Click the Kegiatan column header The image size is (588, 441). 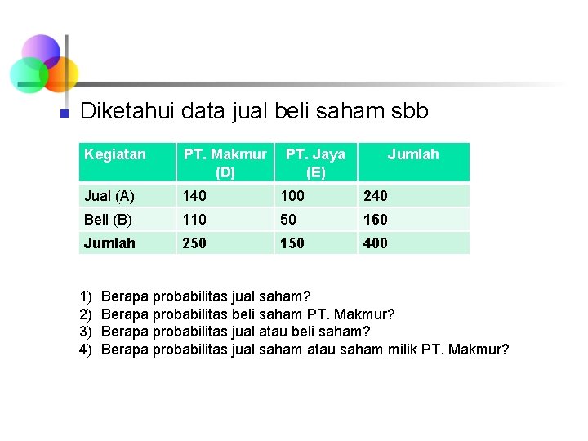(x=115, y=154)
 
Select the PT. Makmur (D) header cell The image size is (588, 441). (x=225, y=163)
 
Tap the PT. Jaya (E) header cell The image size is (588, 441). (x=315, y=163)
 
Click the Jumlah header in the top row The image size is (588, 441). (x=412, y=154)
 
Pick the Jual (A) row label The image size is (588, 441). (x=109, y=196)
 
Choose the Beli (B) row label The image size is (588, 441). (x=109, y=220)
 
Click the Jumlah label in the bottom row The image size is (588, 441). (x=109, y=243)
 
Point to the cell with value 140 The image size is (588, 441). (x=195, y=196)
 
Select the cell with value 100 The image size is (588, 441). (x=292, y=196)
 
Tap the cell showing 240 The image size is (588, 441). (x=376, y=196)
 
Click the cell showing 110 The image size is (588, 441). (x=195, y=220)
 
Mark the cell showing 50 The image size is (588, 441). (x=288, y=220)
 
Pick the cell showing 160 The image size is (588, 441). (x=376, y=220)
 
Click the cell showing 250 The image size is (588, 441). (x=195, y=243)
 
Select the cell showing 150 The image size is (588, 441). (x=292, y=243)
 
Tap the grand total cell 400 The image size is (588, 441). (x=376, y=243)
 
